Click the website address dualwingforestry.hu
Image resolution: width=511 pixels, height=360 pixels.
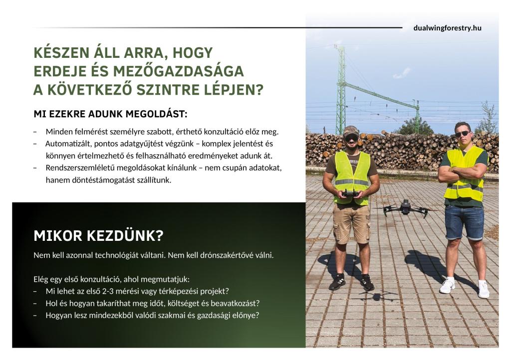pyautogui.click(x=447, y=28)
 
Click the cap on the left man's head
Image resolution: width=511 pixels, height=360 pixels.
pyautogui.click(x=350, y=130)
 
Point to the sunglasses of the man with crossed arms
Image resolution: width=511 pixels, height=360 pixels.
pyautogui.click(x=462, y=134)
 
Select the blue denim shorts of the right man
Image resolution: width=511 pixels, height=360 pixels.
pyautogui.click(x=464, y=221)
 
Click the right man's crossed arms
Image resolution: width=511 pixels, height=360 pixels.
pyautogui.click(x=462, y=173)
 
